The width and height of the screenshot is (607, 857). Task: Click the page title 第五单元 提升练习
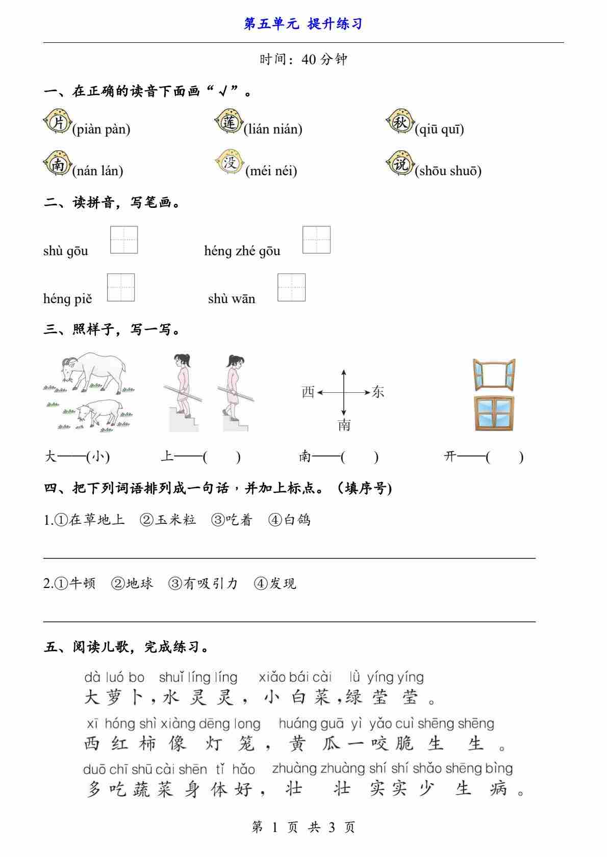coord(303,24)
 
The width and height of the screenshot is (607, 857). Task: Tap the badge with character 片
coord(57,123)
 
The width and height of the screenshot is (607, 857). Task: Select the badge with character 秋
coord(399,122)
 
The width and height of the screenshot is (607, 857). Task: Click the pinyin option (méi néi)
coord(271,171)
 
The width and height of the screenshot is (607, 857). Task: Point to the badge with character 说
coord(399,164)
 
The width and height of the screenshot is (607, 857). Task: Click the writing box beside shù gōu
coord(124,240)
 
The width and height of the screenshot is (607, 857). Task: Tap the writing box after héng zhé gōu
coord(316,240)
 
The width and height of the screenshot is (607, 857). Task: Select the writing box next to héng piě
coord(121,287)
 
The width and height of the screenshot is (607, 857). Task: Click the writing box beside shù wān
coord(291,287)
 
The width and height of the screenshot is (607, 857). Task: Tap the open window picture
coord(494,373)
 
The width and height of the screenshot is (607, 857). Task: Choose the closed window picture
coord(494,413)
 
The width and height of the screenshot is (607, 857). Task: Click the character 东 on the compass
coord(378,392)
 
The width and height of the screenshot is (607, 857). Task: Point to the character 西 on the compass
coord(308,392)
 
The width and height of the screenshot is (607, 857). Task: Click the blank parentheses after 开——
coord(504,457)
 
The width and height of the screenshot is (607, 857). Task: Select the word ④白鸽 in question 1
coord(289,520)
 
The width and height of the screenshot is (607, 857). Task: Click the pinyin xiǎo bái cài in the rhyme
coord(295,677)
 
